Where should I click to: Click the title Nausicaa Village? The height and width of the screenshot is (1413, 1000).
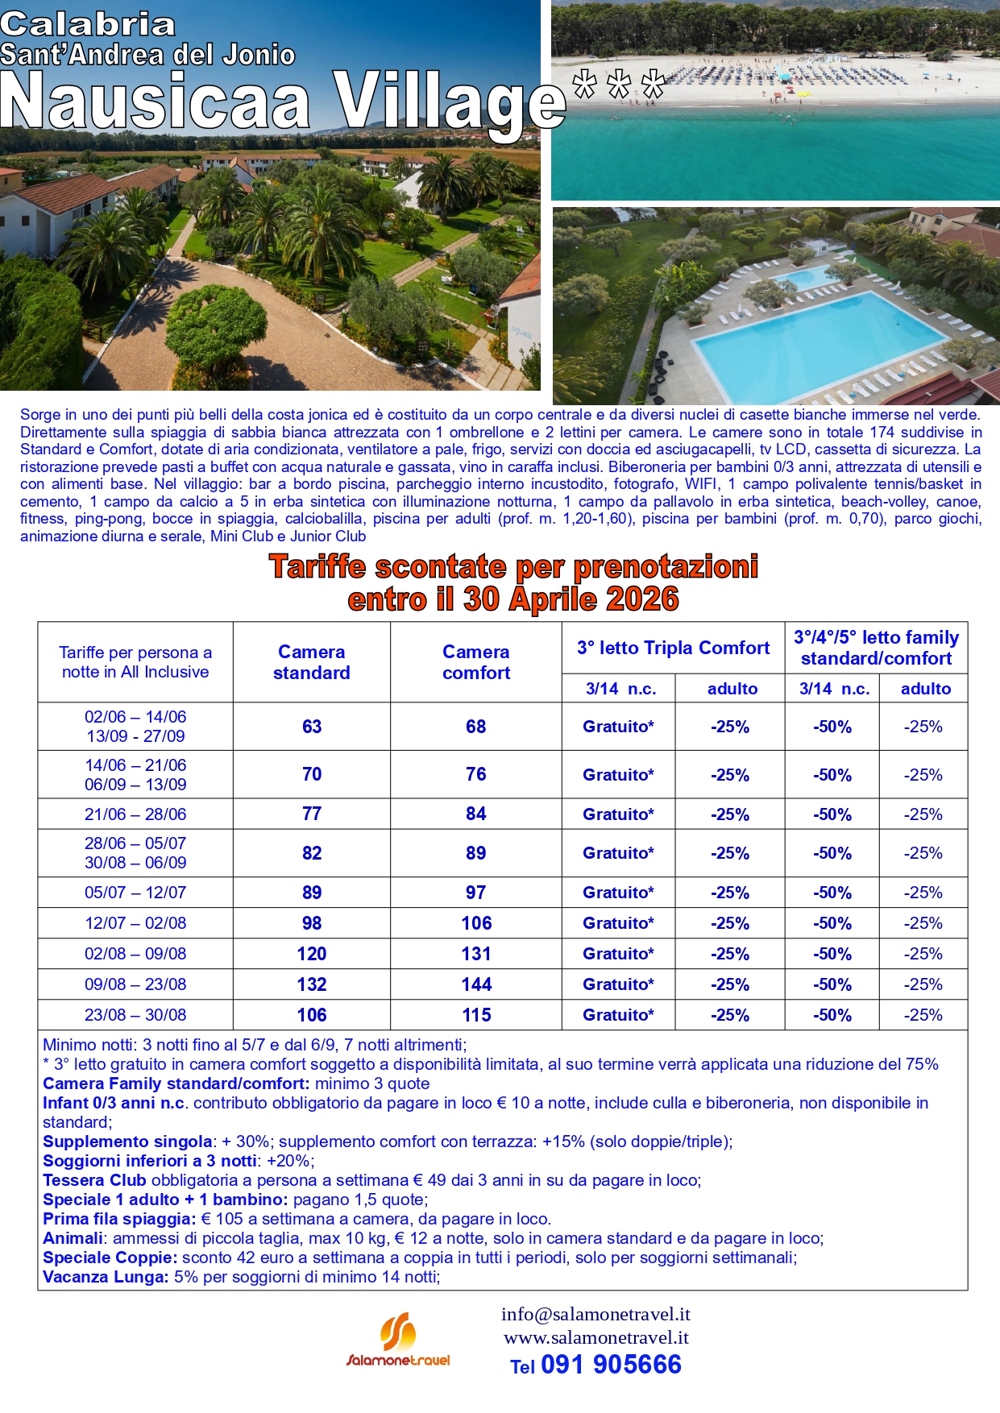tap(282, 103)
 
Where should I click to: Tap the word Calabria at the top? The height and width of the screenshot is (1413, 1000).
tap(87, 24)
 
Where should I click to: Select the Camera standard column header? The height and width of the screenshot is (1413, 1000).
tap(311, 662)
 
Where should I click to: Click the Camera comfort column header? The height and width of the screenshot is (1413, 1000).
tap(475, 662)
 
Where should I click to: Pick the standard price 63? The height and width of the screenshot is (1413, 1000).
tap(312, 727)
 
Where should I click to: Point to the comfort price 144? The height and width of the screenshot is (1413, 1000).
tap(476, 984)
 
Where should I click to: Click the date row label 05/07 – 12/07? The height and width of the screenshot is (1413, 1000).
tap(135, 893)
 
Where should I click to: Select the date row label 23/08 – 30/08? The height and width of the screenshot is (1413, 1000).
tap(135, 1015)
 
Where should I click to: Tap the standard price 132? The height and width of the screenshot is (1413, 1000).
tap(312, 984)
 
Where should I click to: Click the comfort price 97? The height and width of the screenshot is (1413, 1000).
tap(476, 893)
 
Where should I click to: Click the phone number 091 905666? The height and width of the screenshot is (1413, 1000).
tap(611, 1365)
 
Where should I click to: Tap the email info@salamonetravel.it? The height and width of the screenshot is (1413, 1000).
tap(595, 1314)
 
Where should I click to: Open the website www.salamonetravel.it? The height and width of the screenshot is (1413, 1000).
tap(596, 1337)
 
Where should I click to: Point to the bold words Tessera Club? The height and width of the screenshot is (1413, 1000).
tap(94, 1180)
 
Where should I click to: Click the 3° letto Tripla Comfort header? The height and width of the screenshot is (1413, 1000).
tap(673, 648)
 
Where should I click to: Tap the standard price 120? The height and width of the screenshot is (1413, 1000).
tap(312, 954)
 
